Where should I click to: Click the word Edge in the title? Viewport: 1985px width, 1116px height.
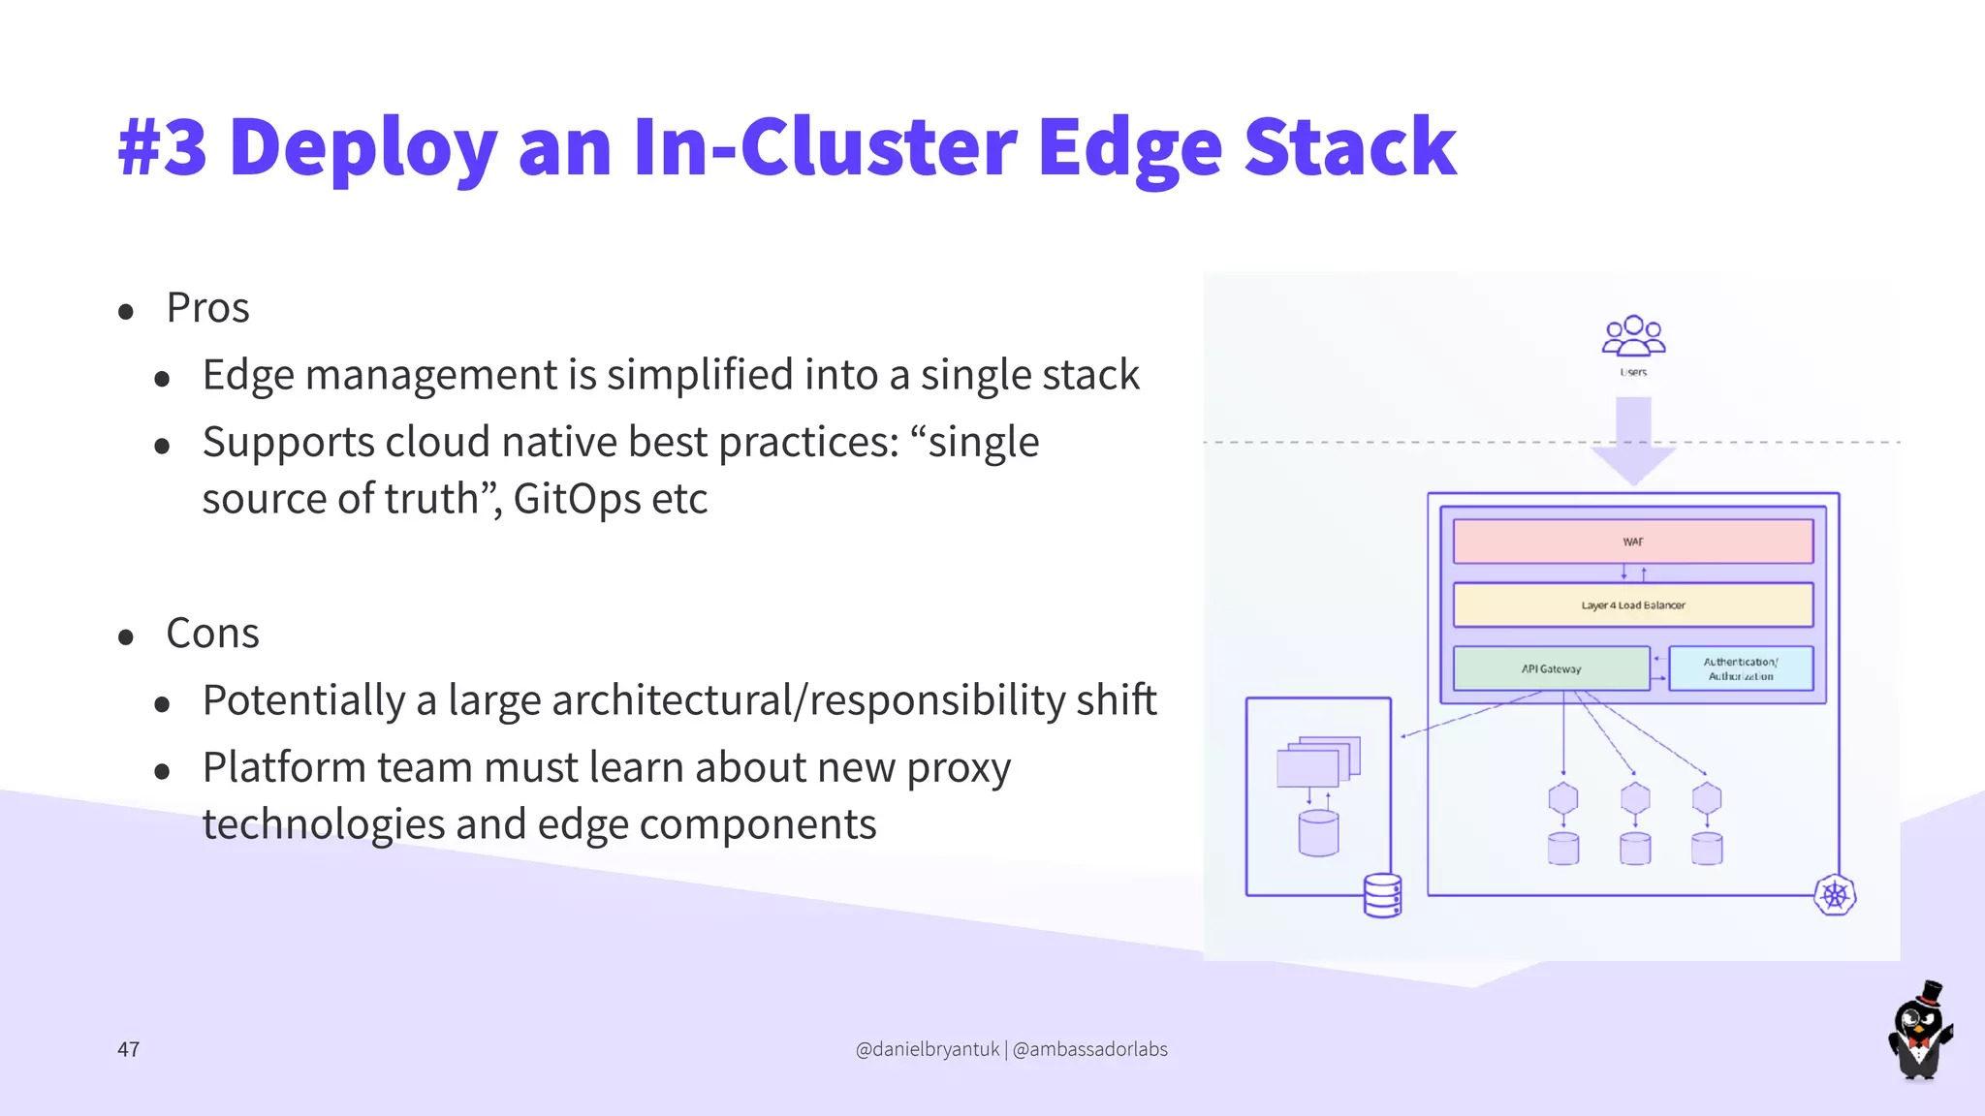click(x=1129, y=147)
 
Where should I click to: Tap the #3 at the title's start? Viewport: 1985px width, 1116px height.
click(x=163, y=147)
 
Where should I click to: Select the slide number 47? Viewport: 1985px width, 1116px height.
click(x=128, y=1049)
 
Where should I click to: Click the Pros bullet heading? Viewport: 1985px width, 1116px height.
click(x=207, y=308)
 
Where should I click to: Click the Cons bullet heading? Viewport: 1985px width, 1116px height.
click(x=212, y=634)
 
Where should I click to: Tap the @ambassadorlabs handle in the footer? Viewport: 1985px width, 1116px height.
click(x=1089, y=1049)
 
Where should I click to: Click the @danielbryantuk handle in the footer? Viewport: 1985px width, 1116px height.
click(x=928, y=1049)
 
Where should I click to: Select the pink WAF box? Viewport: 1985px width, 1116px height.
click(x=1632, y=542)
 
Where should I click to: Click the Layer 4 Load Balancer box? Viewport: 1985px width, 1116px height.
click(x=1632, y=605)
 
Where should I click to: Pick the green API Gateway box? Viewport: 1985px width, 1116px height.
click(x=1551, y=668)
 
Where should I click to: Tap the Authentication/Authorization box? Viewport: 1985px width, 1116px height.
click(x=1740, y=668)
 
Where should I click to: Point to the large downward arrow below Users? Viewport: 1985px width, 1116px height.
click(x=1633, y=441)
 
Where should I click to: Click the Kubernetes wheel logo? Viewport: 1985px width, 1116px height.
click(x=1834, y=895)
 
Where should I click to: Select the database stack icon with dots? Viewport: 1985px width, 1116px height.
click(x=1382, y=895)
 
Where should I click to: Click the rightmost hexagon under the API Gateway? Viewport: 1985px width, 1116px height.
click(x=1706, y=799)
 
